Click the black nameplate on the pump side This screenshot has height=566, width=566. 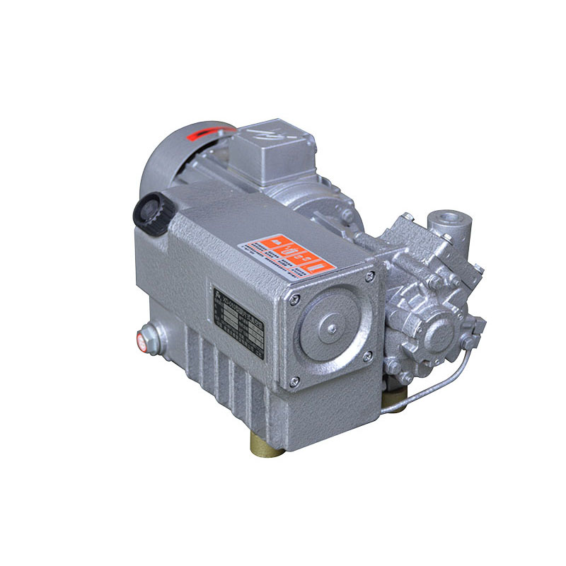click(238, 319)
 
